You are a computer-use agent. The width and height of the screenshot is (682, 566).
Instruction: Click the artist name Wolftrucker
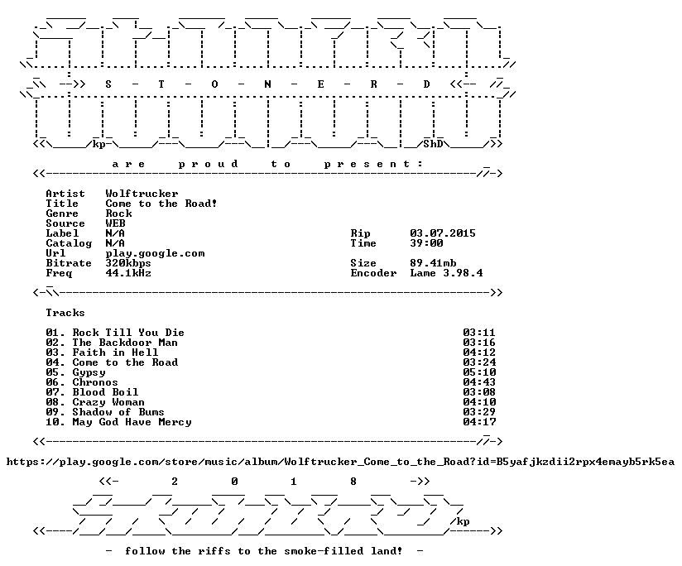point(142,194)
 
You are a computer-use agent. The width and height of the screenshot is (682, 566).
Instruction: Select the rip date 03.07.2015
point(443,233)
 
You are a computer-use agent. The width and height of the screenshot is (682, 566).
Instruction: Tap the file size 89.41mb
point(433,263)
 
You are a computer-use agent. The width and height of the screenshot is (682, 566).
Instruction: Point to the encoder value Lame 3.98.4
point(446,273)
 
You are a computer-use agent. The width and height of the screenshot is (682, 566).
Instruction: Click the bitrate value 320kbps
point(128,263)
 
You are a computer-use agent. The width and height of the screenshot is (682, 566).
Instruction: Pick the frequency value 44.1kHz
point(128,273)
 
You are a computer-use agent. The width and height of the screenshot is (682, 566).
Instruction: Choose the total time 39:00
point(427,243)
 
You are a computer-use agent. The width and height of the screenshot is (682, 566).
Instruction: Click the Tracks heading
point(65,313)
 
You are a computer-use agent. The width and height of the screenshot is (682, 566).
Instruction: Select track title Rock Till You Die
point(128,333)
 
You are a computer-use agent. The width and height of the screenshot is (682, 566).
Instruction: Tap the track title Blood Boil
point(105,392)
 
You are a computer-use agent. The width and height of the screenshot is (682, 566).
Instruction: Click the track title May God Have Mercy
point(132,422)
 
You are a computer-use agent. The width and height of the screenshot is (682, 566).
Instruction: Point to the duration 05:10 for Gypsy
point(479,372)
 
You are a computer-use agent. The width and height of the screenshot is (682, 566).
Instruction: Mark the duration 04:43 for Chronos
point(479,382)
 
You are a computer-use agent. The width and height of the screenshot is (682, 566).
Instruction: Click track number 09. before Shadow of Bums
point(55,412)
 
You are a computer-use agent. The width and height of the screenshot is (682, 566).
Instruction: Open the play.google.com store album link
point(340,462)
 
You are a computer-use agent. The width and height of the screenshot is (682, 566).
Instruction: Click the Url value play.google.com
point(155,253)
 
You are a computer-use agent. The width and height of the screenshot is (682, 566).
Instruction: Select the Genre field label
point(62,213)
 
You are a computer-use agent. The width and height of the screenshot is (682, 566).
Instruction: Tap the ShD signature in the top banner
point(433,144)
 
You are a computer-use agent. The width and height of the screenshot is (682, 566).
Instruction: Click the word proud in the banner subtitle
point(208,164)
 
